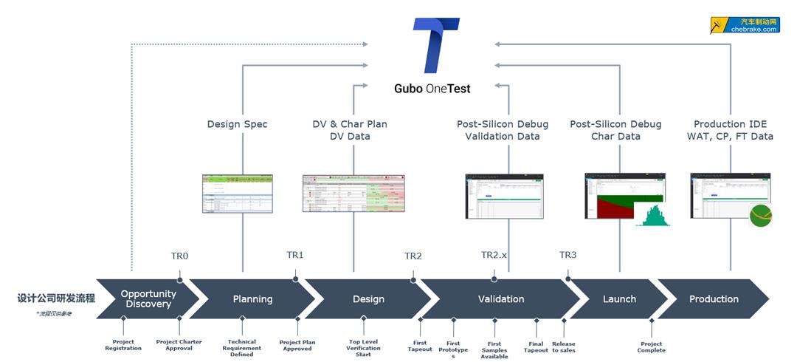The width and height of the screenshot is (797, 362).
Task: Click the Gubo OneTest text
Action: click(432, 89)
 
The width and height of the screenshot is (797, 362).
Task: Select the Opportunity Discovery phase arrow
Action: click(148, 298)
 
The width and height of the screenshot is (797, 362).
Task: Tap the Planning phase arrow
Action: click(252, 299)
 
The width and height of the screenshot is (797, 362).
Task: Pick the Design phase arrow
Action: click(368, 299)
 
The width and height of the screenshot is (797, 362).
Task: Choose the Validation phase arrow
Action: click(501, 299)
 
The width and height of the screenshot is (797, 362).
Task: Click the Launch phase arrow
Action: click(619, 299)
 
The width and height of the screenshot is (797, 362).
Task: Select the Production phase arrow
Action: click(714, 299)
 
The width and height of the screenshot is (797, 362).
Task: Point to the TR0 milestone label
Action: click(179, 256)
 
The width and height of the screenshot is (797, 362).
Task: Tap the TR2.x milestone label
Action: click(494, 255)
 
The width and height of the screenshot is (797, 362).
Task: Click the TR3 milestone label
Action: click(567, 255)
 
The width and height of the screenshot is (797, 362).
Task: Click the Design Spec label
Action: click(237, 125)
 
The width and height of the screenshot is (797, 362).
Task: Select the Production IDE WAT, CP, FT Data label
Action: click(734, 130)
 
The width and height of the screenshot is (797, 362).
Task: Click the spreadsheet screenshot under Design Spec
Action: click(238, 194)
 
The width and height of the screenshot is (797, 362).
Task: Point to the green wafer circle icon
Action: click(761, 215)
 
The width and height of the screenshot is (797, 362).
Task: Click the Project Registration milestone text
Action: click(123, 344)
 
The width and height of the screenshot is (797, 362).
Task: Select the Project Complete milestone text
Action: click(652, 347)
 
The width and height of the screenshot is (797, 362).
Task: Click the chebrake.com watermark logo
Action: click(745, 25)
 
